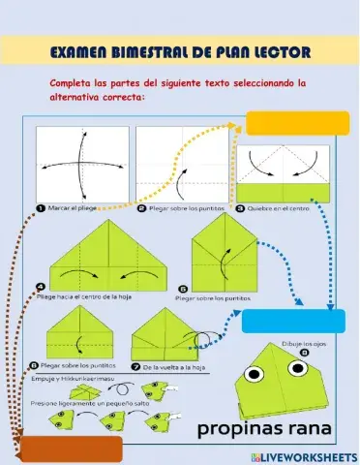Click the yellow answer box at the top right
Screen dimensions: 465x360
(297, 124)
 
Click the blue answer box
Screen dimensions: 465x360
(293, 321)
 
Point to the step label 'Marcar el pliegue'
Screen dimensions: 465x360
(73, 207)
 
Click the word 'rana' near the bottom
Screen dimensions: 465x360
(309, 427)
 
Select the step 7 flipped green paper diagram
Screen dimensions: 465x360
(170, 337)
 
